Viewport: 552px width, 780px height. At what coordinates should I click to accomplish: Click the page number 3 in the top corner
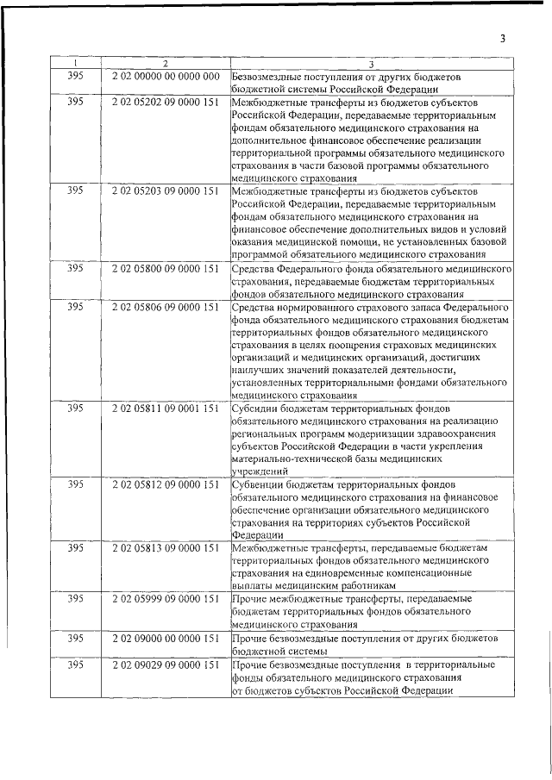501,38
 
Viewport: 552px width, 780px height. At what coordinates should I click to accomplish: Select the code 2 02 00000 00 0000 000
166,77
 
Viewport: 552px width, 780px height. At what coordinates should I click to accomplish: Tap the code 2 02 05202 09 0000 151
166,102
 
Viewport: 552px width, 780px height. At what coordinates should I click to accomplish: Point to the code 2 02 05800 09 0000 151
166,269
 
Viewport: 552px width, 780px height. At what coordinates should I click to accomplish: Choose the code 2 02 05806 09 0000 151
166,307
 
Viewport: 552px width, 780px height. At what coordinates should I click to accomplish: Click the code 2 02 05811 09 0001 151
166,409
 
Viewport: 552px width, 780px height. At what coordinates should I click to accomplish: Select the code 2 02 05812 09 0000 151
166,485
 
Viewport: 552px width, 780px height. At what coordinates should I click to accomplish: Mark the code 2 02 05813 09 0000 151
166,548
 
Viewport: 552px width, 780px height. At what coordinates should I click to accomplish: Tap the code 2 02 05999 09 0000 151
166,598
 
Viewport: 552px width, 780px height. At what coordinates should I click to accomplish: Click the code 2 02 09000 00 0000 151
166,638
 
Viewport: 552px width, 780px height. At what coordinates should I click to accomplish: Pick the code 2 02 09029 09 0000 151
166,665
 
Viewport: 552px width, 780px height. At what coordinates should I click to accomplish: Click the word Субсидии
256,409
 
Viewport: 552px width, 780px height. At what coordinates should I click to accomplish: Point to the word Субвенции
260,485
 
